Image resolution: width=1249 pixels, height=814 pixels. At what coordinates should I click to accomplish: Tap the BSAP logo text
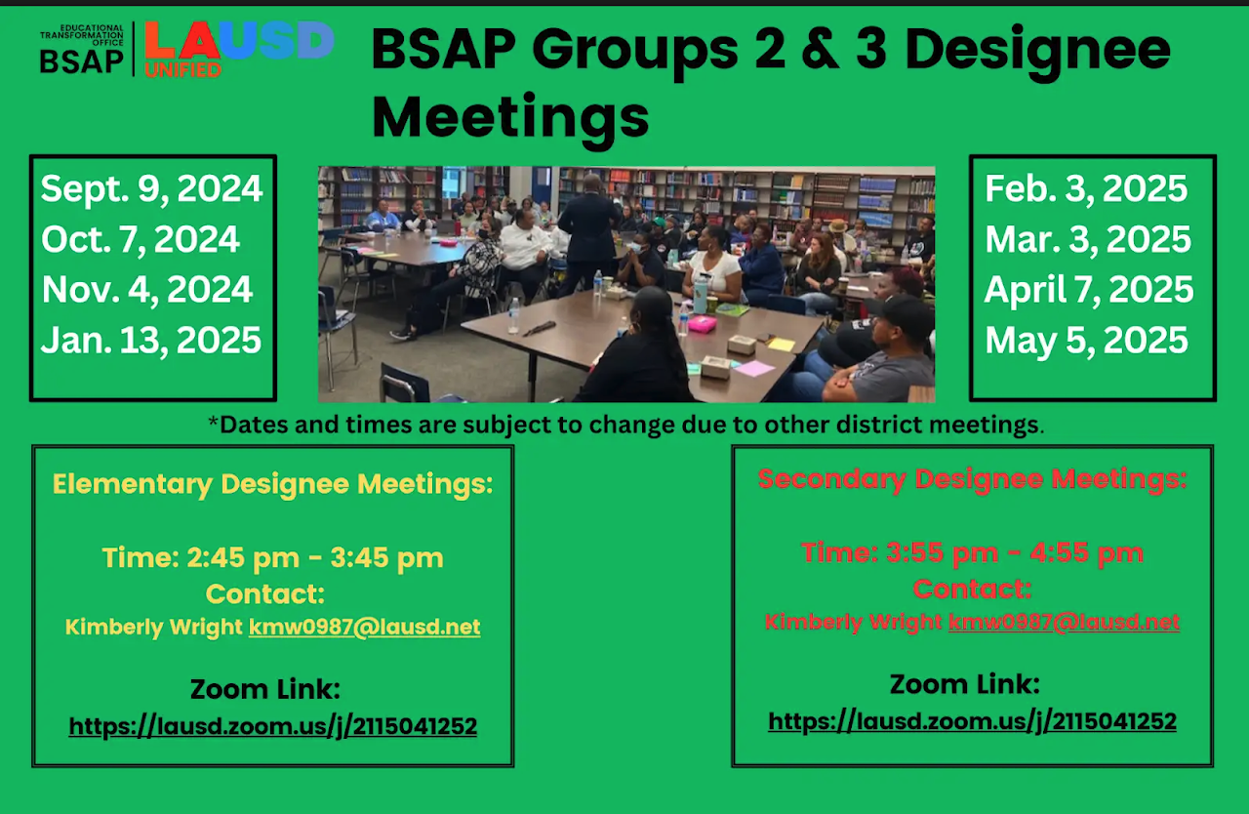(81, 61)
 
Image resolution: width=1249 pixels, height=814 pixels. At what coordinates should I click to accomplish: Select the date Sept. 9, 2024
(151, 189)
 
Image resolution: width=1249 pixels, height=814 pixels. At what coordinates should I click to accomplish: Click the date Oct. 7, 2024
(140, 240)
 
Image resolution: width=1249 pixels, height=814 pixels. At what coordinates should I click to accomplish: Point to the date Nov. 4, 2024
(147, 290)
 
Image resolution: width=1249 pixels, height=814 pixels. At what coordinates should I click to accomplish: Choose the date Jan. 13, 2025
(151, 340)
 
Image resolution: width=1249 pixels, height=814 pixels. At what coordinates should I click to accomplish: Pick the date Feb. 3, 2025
(1086, 189)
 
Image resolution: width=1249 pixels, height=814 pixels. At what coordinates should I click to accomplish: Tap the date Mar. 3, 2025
(1088, 240)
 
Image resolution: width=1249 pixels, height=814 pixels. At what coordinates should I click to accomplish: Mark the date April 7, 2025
(1088, 290)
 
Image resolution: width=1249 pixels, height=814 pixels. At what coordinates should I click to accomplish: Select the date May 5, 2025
(1086, 340)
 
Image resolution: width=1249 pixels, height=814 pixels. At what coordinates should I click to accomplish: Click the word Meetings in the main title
(510, 119)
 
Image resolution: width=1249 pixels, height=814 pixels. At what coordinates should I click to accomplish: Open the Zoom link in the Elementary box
(272, 726)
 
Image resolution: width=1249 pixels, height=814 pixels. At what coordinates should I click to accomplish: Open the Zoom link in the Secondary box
(972, 722)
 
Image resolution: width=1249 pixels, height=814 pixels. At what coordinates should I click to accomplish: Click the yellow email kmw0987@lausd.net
(364, 628)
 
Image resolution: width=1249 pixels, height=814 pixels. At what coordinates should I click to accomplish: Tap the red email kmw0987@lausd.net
(1064, 622)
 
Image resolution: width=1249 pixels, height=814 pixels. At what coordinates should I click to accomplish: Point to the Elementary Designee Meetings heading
(272, 484)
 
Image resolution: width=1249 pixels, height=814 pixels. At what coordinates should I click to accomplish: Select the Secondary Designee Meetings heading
(973, 479)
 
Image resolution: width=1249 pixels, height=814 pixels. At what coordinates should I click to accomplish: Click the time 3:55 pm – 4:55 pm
(972, 553)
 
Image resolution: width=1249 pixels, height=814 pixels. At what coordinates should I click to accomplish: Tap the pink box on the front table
(702, 324)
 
